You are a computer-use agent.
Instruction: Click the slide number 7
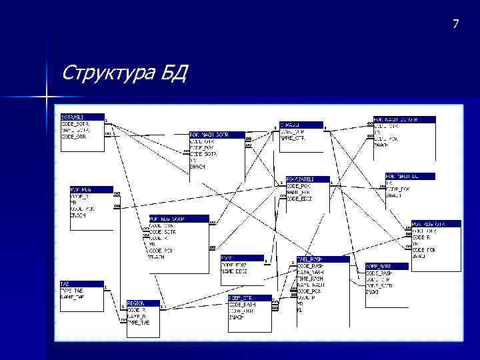(455, 25)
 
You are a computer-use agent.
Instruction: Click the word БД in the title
(174, 71)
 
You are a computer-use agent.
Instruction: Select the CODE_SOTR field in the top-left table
(75, 124)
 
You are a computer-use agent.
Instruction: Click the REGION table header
(136, 303)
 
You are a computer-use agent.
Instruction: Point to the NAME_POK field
(298, 192)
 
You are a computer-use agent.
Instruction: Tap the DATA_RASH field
(310, 272)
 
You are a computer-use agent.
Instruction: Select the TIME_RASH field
(310, 278)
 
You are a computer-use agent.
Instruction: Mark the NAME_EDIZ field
(234, 271)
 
